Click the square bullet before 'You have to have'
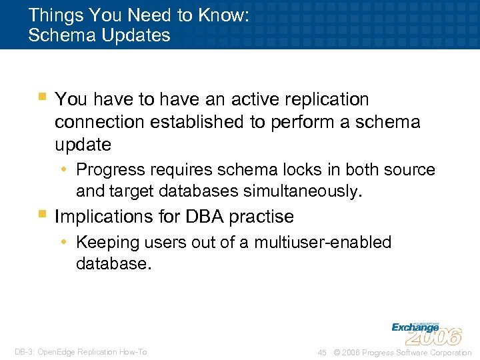42,97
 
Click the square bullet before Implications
42,215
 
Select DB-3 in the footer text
25,352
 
